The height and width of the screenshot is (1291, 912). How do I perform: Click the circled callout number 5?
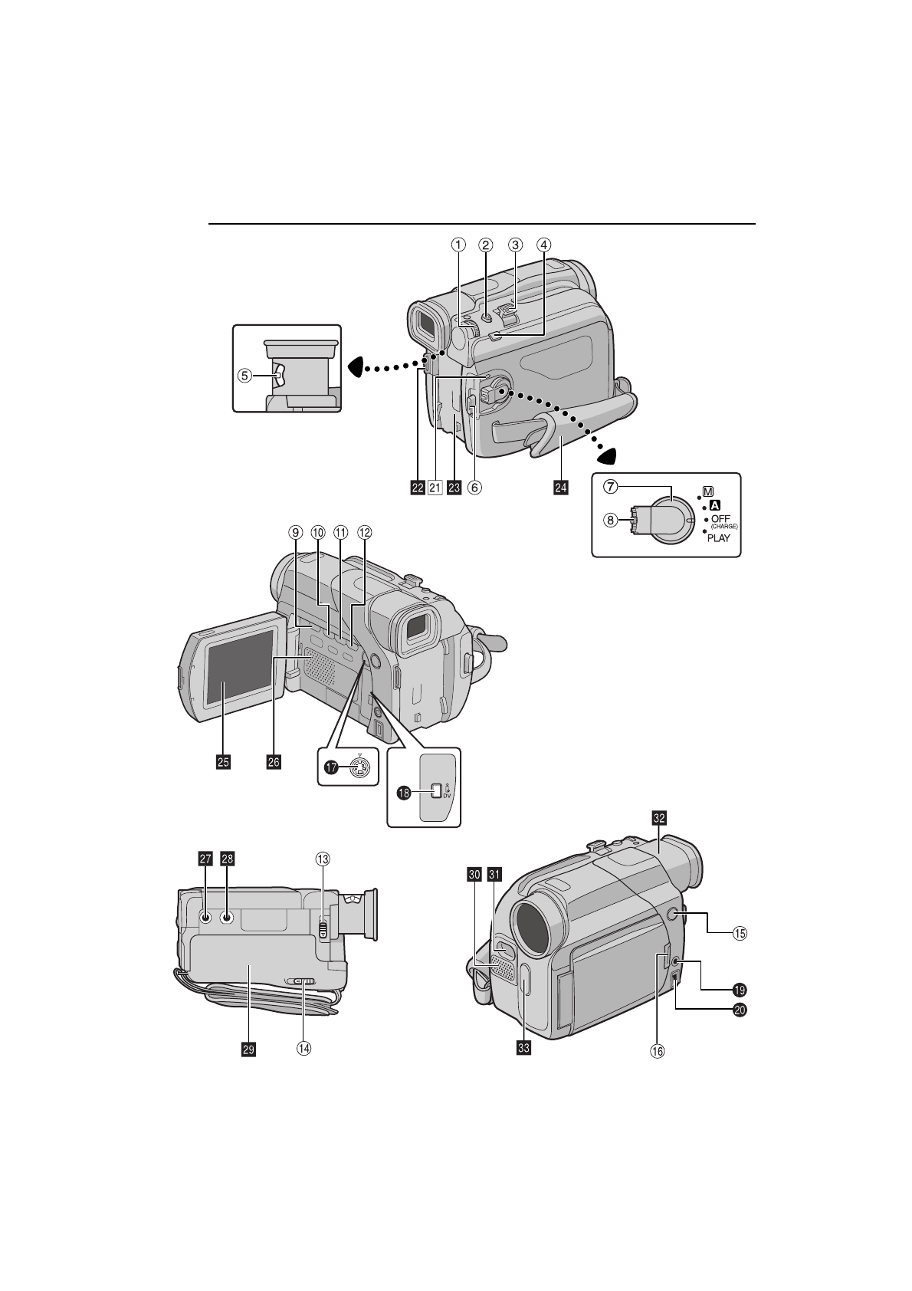pyautogui.click(x=244, y=376)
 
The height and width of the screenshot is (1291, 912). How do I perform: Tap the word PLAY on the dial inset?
pyautogui.click(x=718, y=538)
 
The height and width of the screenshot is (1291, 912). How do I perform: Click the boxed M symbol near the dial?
pyautogui.click(x=709, y=491)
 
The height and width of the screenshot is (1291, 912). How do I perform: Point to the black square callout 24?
pyautogui.click(x=561, y=488)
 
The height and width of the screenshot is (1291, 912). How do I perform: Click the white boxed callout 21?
pyautogui.click(x=436, y=488)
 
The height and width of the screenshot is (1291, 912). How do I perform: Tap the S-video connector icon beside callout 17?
pyautogui.click(x=359, y=767)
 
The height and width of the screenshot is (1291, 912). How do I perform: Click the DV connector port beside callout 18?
pyautogui.click(x=436, y=791)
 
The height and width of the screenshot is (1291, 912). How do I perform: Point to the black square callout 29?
pyautogui.click(x=248, y=1050)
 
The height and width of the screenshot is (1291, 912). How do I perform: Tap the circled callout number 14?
pyautogui.click(x=304, y=1050)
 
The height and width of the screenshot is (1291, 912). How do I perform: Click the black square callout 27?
pyautogui.click(x=205, y=859)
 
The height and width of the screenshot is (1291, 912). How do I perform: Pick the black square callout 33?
pyautogui.click(x=523, y=1049)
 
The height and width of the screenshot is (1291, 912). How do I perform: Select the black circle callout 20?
pyautogui.click(x=739, y=1010)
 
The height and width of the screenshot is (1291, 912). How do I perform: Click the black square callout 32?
pyautogui.click(x=658, y=818)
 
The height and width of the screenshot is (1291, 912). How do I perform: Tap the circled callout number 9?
pyautogui.click(x=295, y=531)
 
